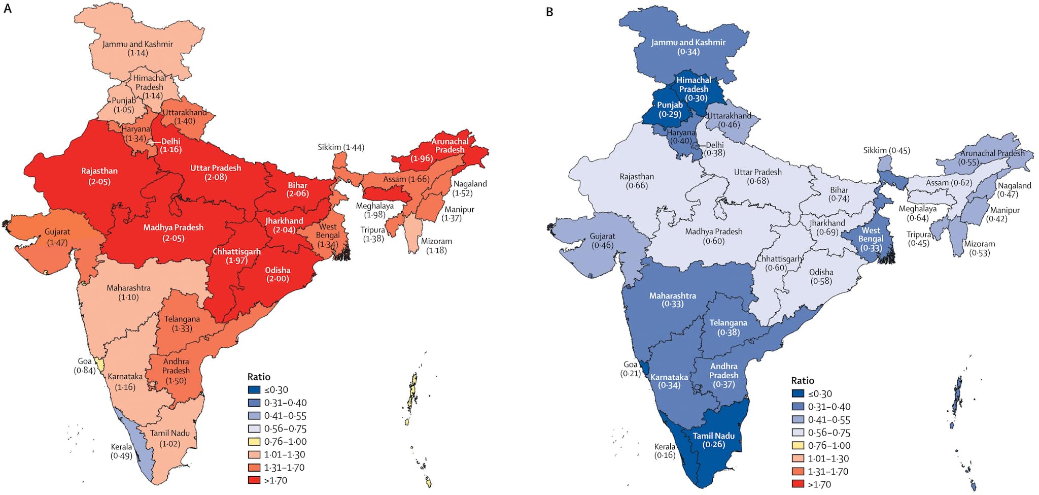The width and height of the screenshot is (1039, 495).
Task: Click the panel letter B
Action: click(549, 12)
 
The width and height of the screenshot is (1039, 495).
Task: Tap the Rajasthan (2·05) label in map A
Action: click(99, 176)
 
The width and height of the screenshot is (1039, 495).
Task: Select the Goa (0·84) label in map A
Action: click(85, 366)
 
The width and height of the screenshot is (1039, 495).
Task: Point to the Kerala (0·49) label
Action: click(121, 451)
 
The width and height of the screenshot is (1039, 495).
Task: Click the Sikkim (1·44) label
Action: click(341, 147)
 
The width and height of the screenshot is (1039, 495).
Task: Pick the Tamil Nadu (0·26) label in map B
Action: click(713, 440)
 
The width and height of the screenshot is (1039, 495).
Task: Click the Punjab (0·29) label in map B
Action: click(670, 109)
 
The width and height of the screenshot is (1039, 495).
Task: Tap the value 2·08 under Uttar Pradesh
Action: click(216, 177)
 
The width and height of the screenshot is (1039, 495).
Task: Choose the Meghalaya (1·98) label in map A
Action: click(374, 210)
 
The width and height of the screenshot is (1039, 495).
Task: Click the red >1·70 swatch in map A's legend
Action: click(254, 480)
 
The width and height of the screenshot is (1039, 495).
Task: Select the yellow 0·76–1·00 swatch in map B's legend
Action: click(798, 445)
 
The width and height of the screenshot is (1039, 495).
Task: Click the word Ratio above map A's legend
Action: click(259, 377)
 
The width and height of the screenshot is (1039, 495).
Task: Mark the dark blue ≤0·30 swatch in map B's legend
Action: click(798, 393)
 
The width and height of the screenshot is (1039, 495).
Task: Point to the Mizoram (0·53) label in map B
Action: click(979, 248)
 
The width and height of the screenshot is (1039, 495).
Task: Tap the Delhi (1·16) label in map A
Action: click(170, 145)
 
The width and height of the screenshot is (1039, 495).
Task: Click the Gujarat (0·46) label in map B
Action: click(602, 241)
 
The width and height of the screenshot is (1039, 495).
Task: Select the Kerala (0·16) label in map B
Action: click(665, 450)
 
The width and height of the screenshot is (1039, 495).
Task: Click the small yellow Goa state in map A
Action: click(100, 365)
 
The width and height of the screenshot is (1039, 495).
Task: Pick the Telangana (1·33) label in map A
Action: click(182, 323)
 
